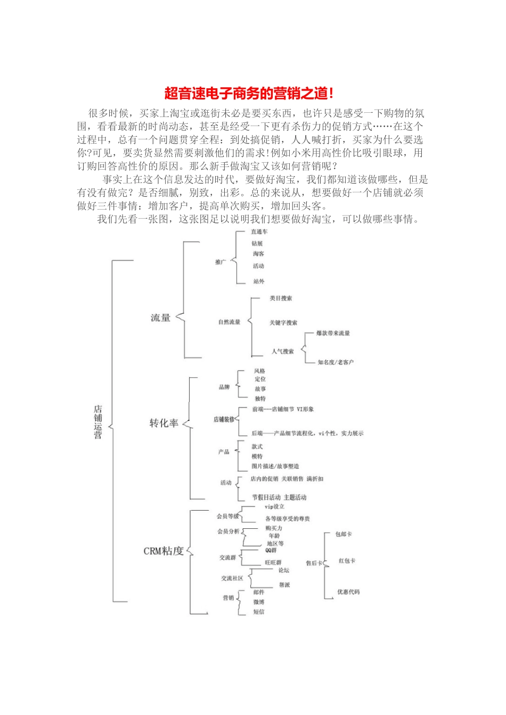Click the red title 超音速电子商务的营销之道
(x=249, y=94)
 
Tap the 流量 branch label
(x=160, y=318)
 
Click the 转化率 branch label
(x=164, y=423)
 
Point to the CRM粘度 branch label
(x=164, y=551)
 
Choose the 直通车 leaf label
(x=259, y=232)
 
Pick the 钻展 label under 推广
(x=258, y=244)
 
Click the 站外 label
(x=259, y=281)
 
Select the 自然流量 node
(x=229, y=322)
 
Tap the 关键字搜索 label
(x=283, y=323)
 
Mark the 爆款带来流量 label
(x=333, y=334)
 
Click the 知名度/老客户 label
(x=336, y=362)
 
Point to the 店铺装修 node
(x=224, y=420)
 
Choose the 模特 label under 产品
(x=257, y=456)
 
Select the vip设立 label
(x=275, y=507)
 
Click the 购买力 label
(x=274, y=528)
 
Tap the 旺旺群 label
(x=273, y=562)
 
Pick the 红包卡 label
(x=347, y=561)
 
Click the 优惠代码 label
(x=348, y=592)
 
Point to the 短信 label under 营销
(x=259, y=612)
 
